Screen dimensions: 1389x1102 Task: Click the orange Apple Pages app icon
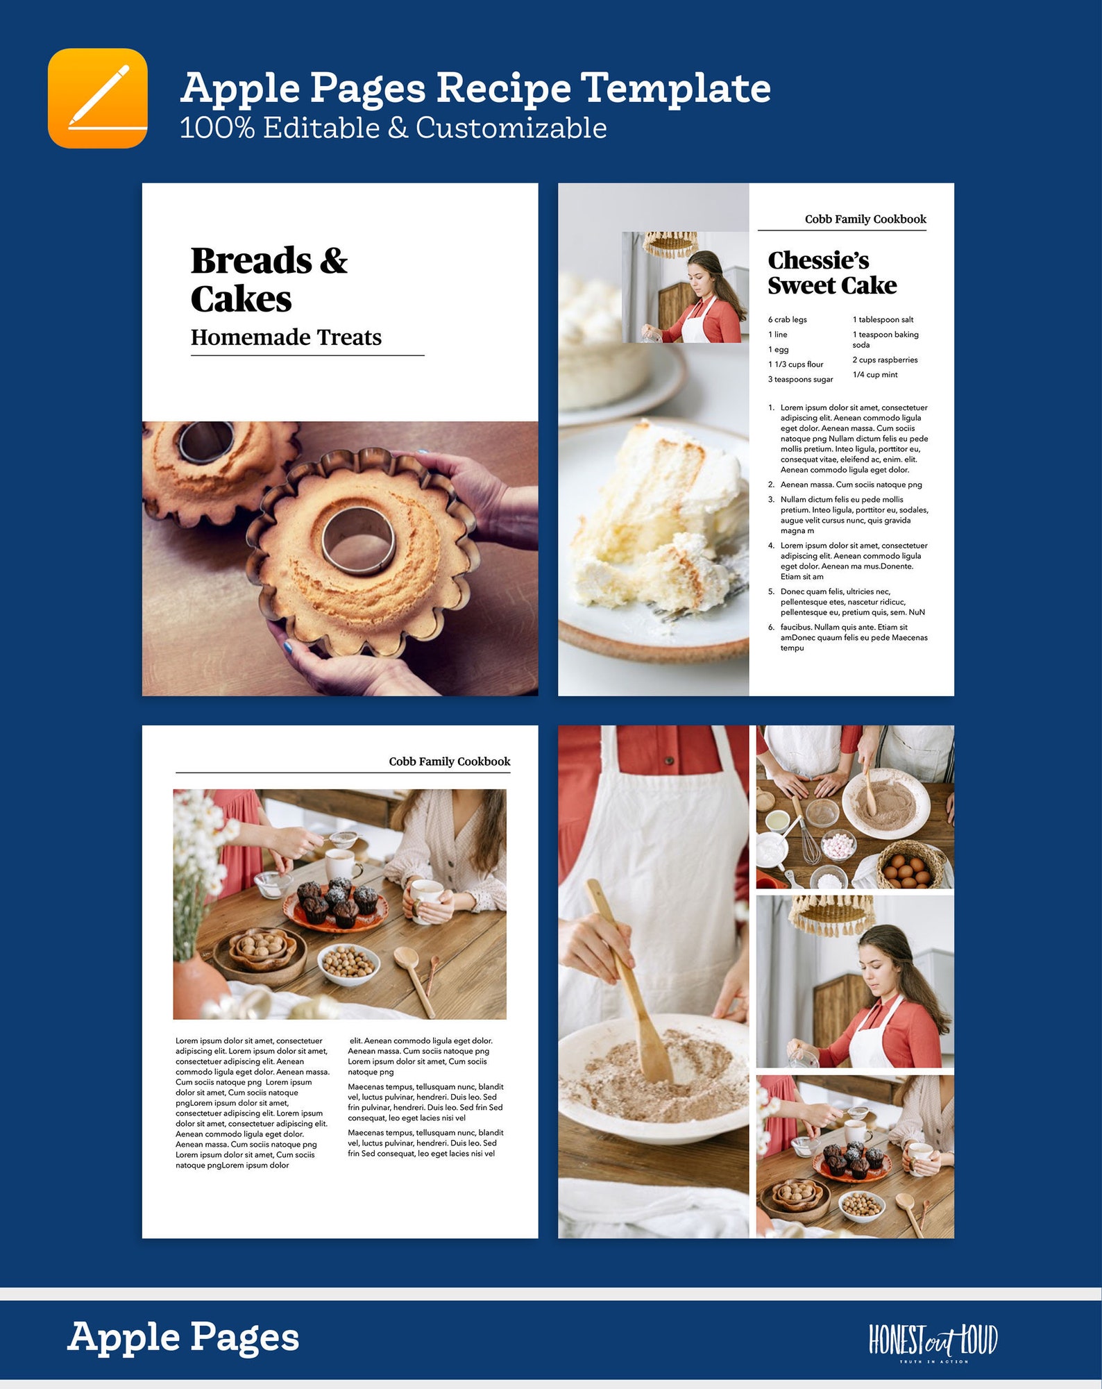97,98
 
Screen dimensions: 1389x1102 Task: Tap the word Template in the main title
675,89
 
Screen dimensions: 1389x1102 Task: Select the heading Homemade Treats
286,337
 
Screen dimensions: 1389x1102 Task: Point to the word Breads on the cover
251,261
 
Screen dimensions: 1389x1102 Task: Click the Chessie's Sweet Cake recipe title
831,273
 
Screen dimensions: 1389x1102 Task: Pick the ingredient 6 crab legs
787,320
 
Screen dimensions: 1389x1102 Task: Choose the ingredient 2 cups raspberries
885,360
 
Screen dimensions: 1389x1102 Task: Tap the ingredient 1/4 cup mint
874,375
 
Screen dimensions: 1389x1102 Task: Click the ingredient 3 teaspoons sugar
800,380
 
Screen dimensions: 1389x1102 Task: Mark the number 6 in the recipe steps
770,628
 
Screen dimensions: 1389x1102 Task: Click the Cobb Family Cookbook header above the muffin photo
449,761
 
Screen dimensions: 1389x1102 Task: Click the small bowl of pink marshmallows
839,845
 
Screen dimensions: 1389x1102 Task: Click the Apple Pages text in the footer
183,1338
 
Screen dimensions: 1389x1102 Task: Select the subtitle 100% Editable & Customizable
393,128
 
